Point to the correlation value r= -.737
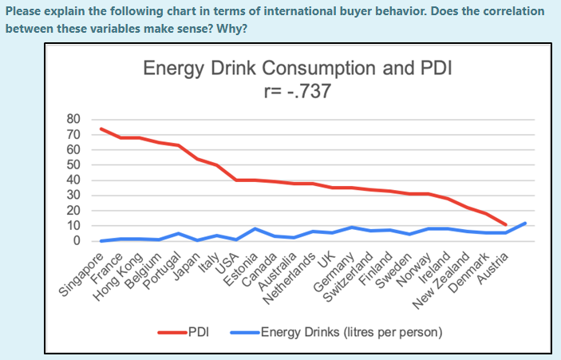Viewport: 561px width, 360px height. tap(297, 90)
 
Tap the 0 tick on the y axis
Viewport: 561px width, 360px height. tap(77, 241)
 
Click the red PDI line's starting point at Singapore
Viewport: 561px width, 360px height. tap(101, 129)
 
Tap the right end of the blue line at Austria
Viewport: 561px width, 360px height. tap(525, 223)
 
